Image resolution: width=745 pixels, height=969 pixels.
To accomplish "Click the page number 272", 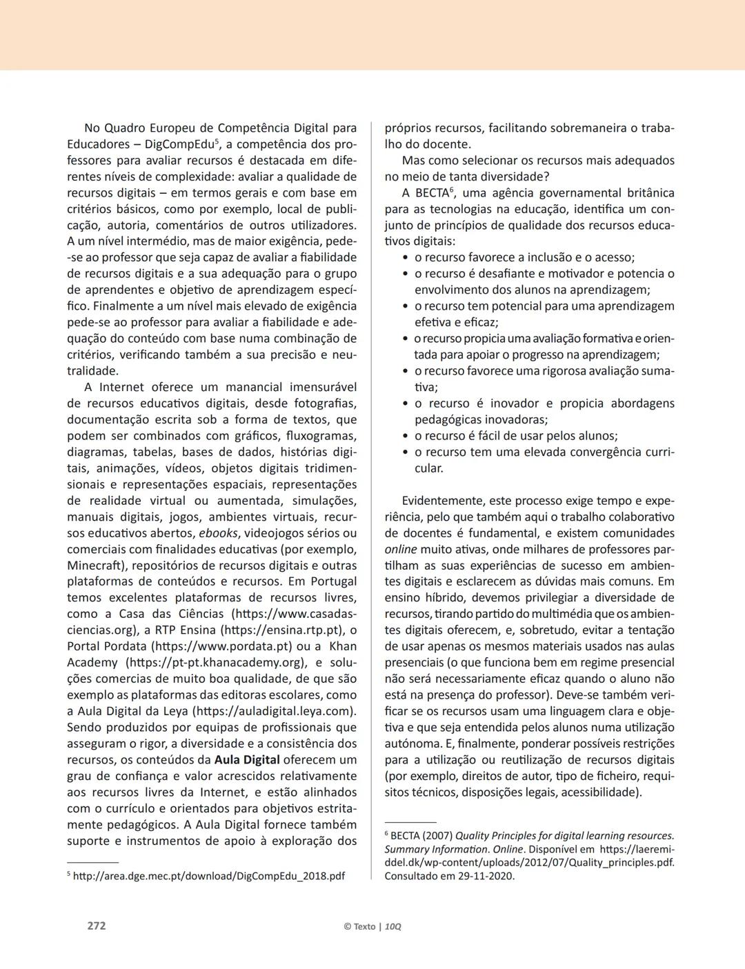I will click(97, 926).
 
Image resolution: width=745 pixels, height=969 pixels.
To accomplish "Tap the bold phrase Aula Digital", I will click(247, 760).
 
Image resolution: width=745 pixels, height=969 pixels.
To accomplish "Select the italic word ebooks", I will click(219, 533).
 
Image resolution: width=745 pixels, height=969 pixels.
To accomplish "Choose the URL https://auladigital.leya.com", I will click(274, 711).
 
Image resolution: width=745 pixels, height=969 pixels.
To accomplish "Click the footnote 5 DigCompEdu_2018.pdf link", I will click(209, 877).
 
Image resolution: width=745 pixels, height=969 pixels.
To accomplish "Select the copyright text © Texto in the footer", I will click(359, 926).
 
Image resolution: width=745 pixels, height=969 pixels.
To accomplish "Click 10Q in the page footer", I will click(393, 926).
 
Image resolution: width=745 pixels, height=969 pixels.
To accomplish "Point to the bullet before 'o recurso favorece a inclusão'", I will click(406, 258).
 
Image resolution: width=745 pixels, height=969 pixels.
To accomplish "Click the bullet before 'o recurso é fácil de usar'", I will click(406, 437).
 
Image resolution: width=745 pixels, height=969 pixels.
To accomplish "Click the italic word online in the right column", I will click(401, 550).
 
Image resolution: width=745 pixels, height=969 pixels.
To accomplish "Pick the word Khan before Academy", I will click(343, 646).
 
